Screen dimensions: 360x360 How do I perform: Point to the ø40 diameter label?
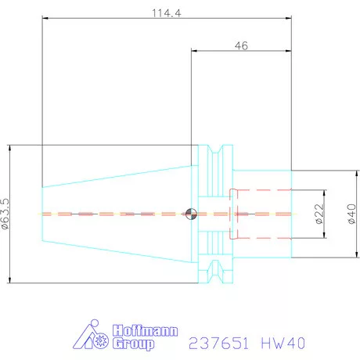pyautogui.click(x=351, y=212)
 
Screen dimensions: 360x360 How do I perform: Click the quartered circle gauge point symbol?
pyautogui.click(x=191, y=213)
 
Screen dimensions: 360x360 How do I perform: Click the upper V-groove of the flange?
pyautogui.click(x=216, y=153)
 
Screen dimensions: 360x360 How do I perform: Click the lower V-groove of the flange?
pyautogui.click(x=216, y=273)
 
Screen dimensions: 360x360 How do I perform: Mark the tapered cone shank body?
pyautogui.click(x=117, y=213)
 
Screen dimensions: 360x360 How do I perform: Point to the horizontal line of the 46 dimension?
pyautogui.click(x=241, y=52)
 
